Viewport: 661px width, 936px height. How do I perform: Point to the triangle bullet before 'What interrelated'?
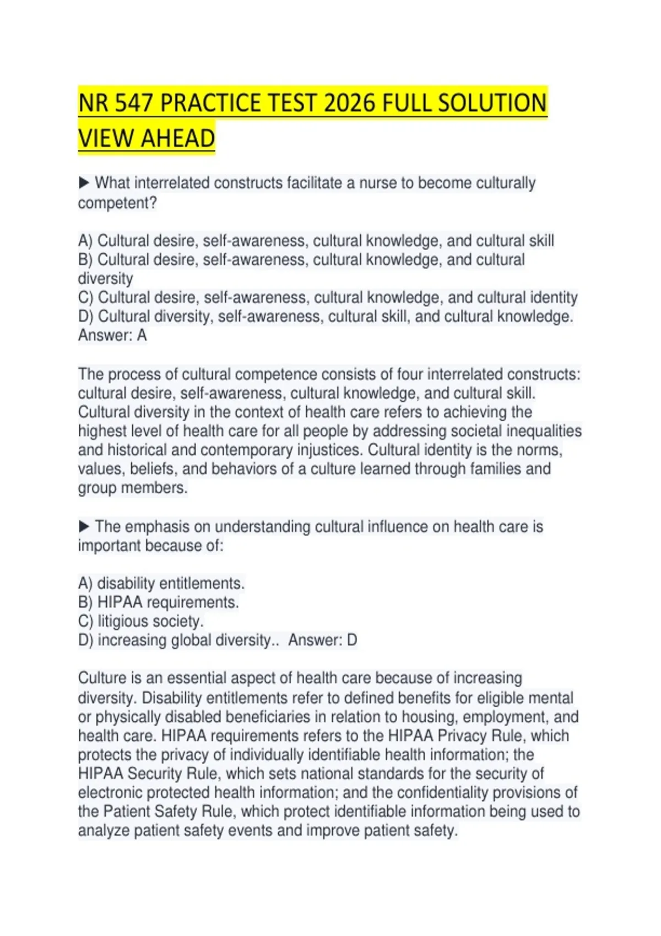click(84, 182)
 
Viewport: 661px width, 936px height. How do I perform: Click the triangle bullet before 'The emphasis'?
click(84, 526)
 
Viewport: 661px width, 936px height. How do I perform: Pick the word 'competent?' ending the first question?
click(117, 203)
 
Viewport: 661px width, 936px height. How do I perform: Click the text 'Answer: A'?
click(112, 335)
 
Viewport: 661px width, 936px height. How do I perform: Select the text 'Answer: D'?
click(323, 640)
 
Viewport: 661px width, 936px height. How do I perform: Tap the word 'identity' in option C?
click(554, 297)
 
